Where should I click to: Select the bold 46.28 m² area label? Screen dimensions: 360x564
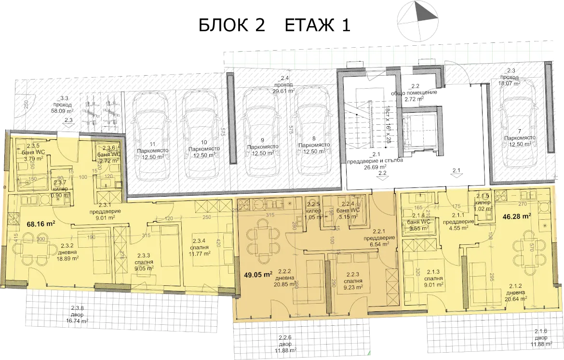517,217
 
